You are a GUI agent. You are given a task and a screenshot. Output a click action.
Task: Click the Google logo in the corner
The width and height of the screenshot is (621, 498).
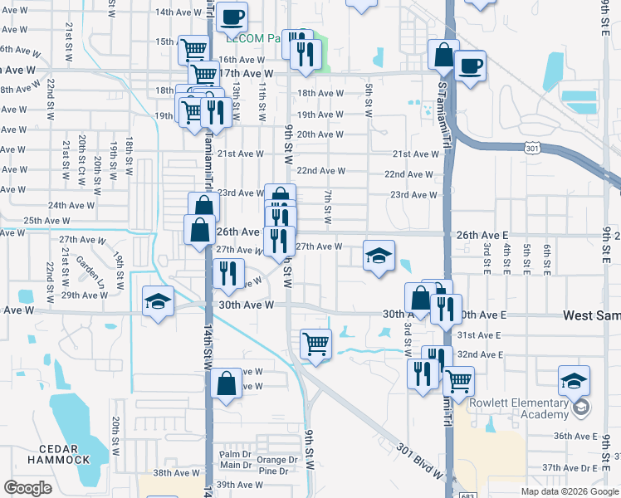[27, 488]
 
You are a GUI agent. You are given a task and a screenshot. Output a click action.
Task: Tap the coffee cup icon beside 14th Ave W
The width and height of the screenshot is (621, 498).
[233, 16]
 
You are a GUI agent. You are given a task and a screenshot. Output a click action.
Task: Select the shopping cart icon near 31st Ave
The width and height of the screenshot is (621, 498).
[315, 343]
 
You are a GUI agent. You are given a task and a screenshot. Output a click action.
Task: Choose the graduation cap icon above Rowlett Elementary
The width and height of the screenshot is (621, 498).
[574, 380]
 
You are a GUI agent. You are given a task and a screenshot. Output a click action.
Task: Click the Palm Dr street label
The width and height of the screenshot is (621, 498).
[235, 455]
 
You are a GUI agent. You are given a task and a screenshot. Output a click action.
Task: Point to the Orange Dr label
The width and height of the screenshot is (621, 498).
[276, 460]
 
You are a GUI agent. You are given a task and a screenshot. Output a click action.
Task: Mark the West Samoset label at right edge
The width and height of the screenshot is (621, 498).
[591, 315]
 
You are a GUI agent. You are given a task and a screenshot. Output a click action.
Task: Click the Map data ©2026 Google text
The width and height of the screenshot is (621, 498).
[569, 491]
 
